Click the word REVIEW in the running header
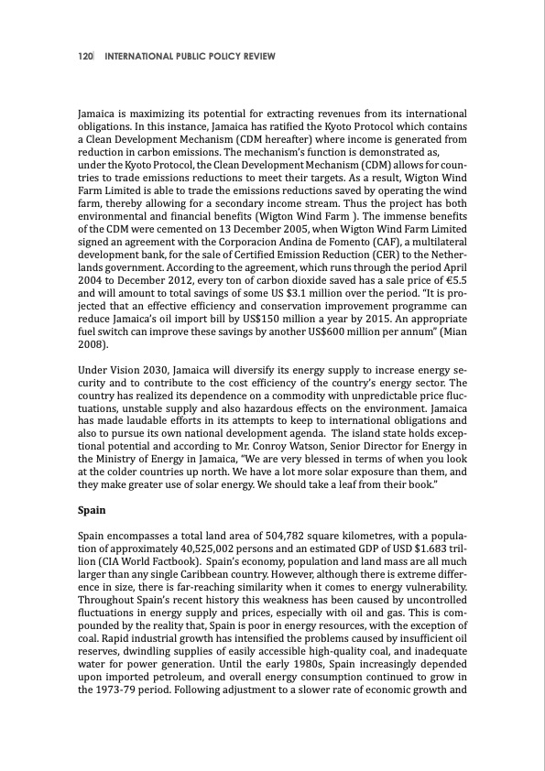tap(253, 57)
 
